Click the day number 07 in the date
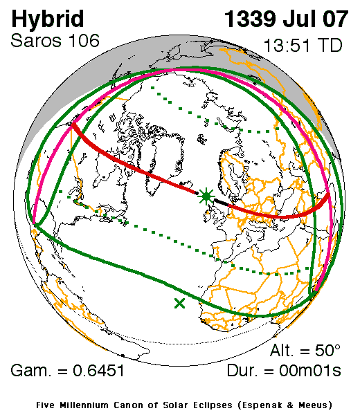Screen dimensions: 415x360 [x=333, y=18]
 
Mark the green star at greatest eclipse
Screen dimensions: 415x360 [x=206, y=196]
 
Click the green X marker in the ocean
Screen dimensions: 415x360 [x=180, y=302]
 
